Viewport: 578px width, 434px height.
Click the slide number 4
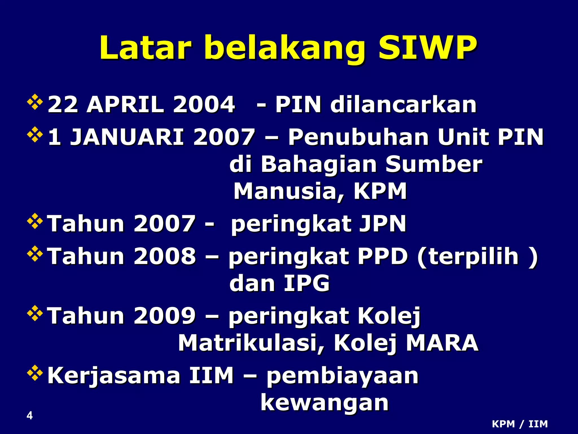tap(30, 415)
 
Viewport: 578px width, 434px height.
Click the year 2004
tap(204, 105)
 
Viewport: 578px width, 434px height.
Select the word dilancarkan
tap(404, 105)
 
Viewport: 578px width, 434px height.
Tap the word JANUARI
tap(127, 137)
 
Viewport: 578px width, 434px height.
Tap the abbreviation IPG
tap(306, 283)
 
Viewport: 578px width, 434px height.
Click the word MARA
tap(442, 343)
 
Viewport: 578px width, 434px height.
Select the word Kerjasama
tap(114, 376)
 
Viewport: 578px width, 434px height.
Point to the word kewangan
tap(325, 403)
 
